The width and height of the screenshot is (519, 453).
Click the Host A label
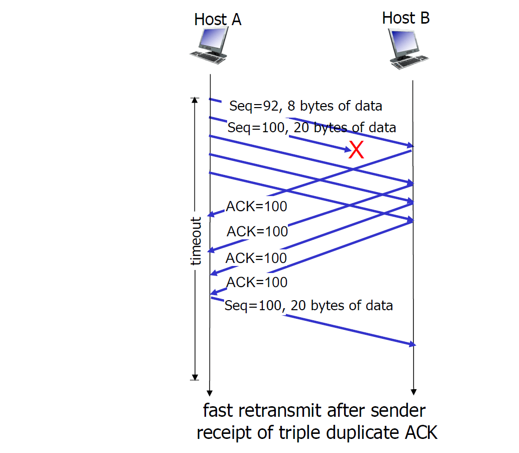(x=218, y=20)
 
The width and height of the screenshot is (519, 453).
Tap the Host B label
(x=405, y=18)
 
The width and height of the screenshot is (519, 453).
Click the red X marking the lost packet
(x=356, y=150)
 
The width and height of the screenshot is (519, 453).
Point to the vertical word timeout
(x=196, y=241)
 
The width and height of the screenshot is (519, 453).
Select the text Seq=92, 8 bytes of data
(x=305, y=106)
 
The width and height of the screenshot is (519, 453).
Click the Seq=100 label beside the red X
(x=312, y=127)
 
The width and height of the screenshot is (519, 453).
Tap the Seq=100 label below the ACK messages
(x=308, y=305)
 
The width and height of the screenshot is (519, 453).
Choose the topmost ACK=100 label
(x=256, y=207)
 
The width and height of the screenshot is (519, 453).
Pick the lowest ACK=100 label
(x=257, y=283)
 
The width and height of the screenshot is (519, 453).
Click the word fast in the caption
(x=219, y=411)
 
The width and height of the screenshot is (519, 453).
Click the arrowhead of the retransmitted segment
(x=412, y=344)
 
